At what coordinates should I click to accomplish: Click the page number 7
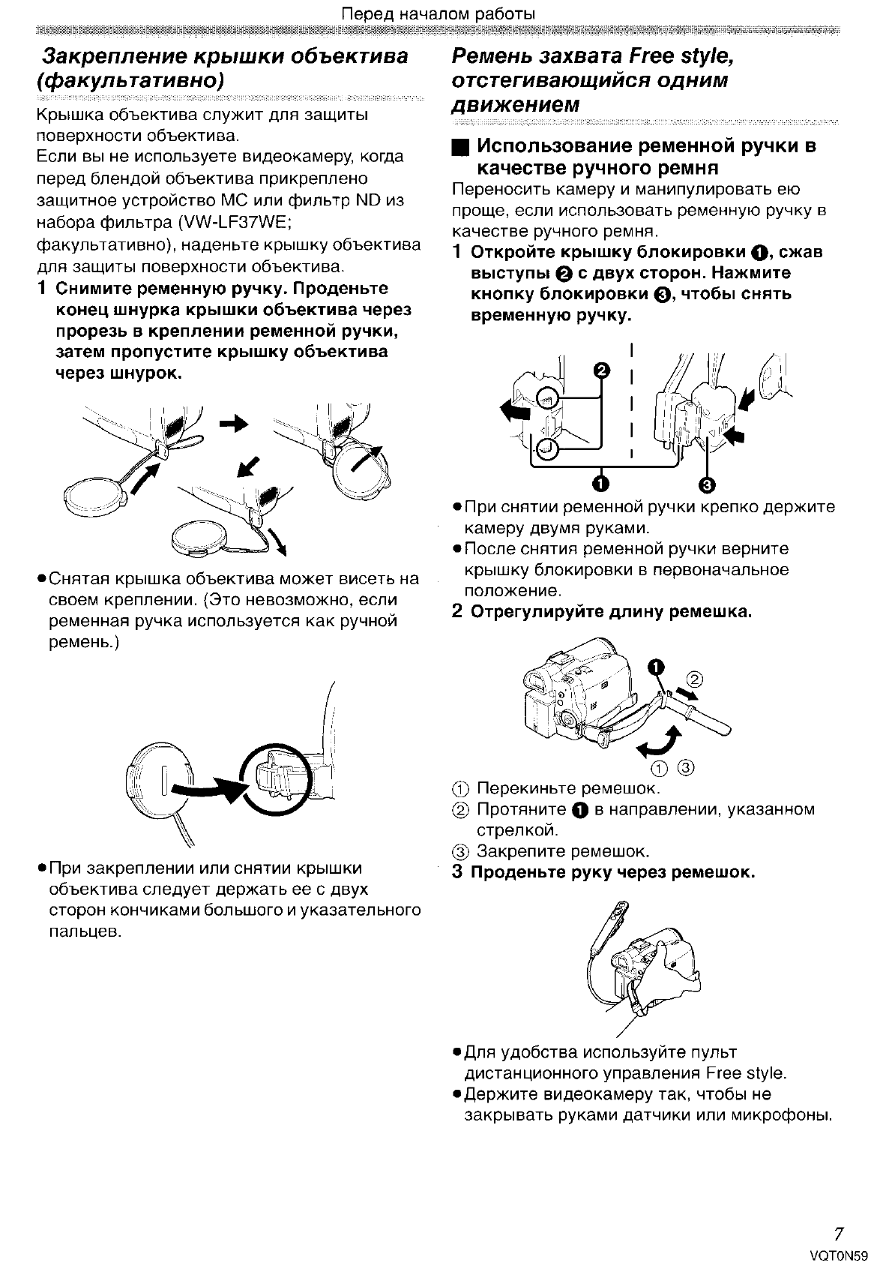tap(840, 1234)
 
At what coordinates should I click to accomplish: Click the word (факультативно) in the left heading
tap(131, 80)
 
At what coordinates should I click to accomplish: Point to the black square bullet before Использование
tap(459, 146)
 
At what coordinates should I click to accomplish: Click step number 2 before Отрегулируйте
tap(457, 611)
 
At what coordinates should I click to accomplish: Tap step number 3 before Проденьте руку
tap(457, 872)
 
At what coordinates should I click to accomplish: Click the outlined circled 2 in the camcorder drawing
tap(694, 680)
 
